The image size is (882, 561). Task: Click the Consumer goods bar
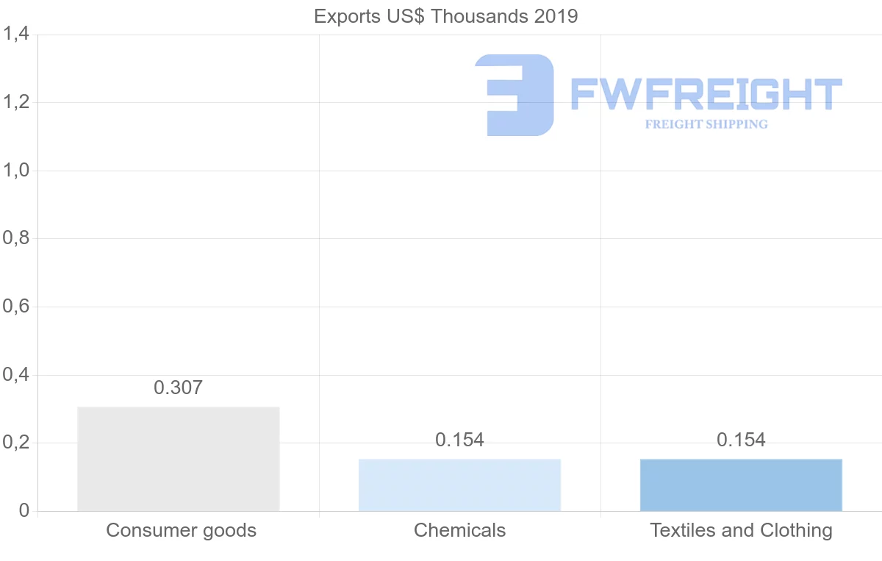[x=178, y=459]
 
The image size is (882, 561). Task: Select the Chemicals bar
[x=459, y=485]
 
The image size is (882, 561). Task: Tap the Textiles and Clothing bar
[x=741, y=485]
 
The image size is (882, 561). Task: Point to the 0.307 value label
[x=178, y=387]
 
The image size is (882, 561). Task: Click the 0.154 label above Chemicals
[x=459, y=440]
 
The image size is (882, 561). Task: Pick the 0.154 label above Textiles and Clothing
[x=741, y=440]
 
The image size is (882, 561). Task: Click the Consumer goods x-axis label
[x=181, y=530]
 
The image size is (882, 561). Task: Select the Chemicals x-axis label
[x=459, y=530]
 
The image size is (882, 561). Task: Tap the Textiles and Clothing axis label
[x=741, y=530]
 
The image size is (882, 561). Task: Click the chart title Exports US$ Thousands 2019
[x=446, y=16]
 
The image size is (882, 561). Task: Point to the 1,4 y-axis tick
[x=16, y=34]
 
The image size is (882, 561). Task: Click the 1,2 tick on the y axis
[x=16, y=102]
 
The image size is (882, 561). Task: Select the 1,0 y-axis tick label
[x=16, y=171]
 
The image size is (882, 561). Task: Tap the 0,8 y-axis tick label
[x=16, y=238]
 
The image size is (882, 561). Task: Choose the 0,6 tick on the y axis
[x=16, y=307]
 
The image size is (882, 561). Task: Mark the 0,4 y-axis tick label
[x=16, y=375]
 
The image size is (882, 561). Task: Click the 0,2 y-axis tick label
[x=16, y=443]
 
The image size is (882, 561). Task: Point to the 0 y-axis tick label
[x=24, y=511]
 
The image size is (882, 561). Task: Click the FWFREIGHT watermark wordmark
[x=706, y=94]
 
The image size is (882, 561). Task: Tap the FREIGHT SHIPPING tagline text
[x=706, y=124]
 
